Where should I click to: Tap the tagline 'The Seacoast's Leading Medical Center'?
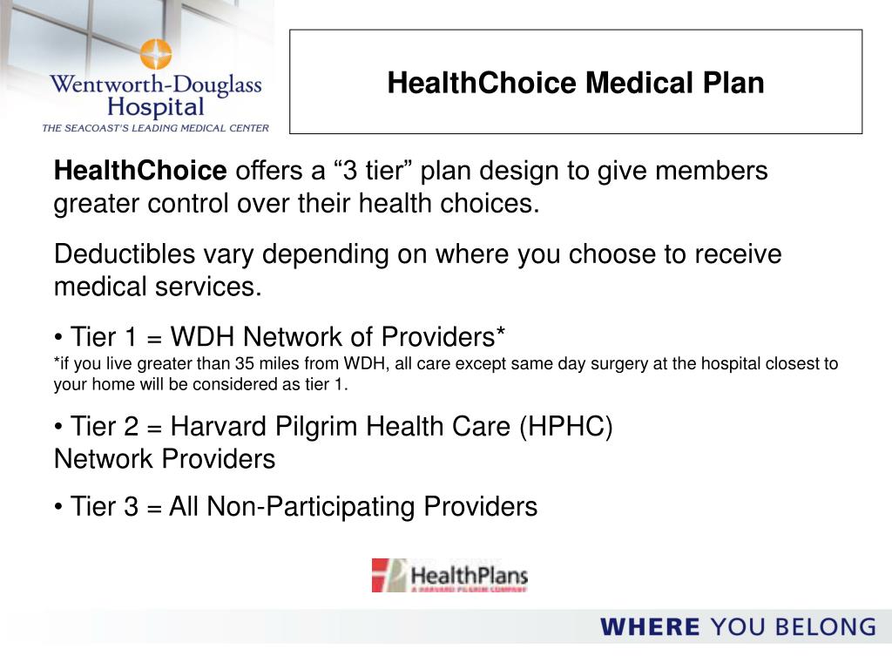pyautogui.click(x=156, y=128)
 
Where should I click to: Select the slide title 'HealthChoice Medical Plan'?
pyautogui.click(x=576, y=83)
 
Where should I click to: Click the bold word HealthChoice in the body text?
pyautogui.click(x=140, y=171)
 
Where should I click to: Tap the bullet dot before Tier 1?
pyautogui.click(x=58, y=337)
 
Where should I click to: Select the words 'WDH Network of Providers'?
pyautogui.click(x=339, y=336)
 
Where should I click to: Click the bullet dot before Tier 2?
pyautogui.click(x=58, y=428)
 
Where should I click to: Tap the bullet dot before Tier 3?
pyautogui.click(x=58, y=507)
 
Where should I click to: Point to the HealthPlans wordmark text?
pyautogui.click(x=469, y=576)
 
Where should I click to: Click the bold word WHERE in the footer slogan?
pyautogui.click(x=650, y=626)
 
